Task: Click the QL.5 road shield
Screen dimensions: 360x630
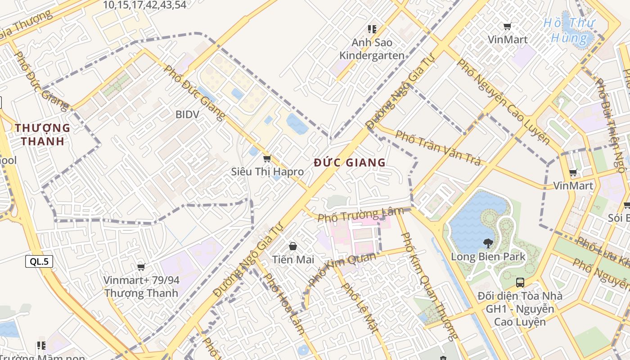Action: point(39,261)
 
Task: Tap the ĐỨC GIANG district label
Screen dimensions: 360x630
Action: point(350,162)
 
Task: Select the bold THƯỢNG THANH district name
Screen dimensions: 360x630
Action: point(43,135)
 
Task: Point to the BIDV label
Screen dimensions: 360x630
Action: point(187,114)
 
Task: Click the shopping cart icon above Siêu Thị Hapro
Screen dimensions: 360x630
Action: point(267,159)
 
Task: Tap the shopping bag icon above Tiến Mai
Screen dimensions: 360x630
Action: point(293,246)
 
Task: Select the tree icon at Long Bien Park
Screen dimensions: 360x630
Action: point(488,244)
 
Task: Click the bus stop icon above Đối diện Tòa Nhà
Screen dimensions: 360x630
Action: point(520,283)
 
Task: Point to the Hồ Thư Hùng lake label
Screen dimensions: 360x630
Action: point(569,30)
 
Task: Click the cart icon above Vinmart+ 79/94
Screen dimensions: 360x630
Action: point(141,267)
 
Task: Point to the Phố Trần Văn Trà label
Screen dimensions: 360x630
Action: point(438,148)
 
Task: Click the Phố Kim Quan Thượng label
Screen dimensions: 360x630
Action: point(428,286)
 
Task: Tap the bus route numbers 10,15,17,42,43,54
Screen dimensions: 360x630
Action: point(144,5)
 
